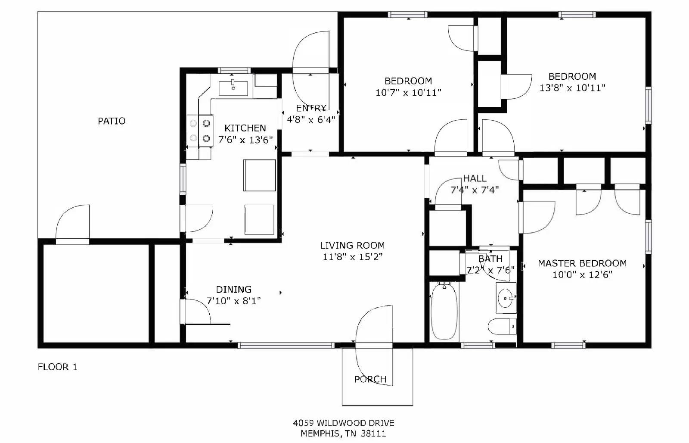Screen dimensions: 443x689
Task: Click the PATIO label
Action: click(x=112, y=121)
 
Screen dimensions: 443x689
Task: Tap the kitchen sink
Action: click(x=233, y=88)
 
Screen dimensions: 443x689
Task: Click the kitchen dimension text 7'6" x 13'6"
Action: click(x=245, y=140)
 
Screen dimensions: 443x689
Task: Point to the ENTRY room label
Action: click(x=311, y=108)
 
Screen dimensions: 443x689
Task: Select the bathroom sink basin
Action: click(x=505, y=297)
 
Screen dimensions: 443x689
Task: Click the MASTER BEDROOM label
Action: click(x=582, y=263)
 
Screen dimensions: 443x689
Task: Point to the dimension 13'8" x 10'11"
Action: click(x=572, y=88)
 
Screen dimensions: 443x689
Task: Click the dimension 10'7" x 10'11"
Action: click(x=408, y=93)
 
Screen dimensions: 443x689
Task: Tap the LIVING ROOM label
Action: click(x=352, y=246)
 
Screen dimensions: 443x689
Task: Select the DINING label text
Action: click(x=233, y=290)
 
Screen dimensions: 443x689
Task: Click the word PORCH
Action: click(x=370, y=379)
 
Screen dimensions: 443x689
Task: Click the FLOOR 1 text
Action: click(x=57, y=367)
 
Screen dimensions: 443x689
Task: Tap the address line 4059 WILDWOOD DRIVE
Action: click(x=343, y=423)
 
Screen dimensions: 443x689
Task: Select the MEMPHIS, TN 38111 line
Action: click(x=343, y=434)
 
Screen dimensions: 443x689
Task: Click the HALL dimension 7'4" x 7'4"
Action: click(x=475, y=190)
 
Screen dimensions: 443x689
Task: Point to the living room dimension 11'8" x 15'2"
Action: click(x=352, y=257)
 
